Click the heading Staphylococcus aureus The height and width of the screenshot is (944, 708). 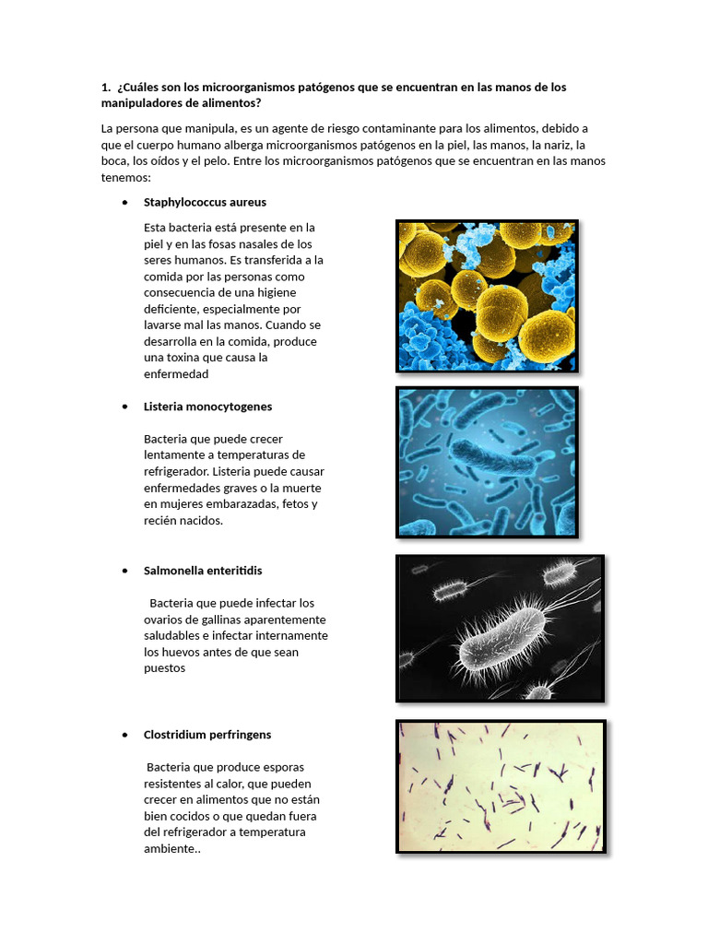pyautogui.click(x=205, y=202)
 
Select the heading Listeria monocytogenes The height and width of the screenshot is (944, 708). pyautogui.click(x=207, y=407)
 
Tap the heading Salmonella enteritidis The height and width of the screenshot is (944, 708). pyautogui.click(x=203, y=571)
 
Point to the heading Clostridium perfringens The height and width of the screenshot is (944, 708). pyautogui.click(x=206, y=735)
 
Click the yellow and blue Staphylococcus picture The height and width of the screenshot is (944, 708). pyautogui.click(x=487, y=296)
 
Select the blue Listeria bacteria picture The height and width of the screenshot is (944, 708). pyautogui.click(x=487, y=461)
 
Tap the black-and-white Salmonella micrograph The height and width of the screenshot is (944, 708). pyautogui.click(x=500, y=628)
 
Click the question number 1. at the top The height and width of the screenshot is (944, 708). pyautogui.click(x=106, y=88)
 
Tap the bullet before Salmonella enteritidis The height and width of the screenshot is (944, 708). pyautogui.click(x=124, y=572)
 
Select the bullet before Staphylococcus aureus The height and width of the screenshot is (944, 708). pyautogui.click(x=124, y=203)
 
